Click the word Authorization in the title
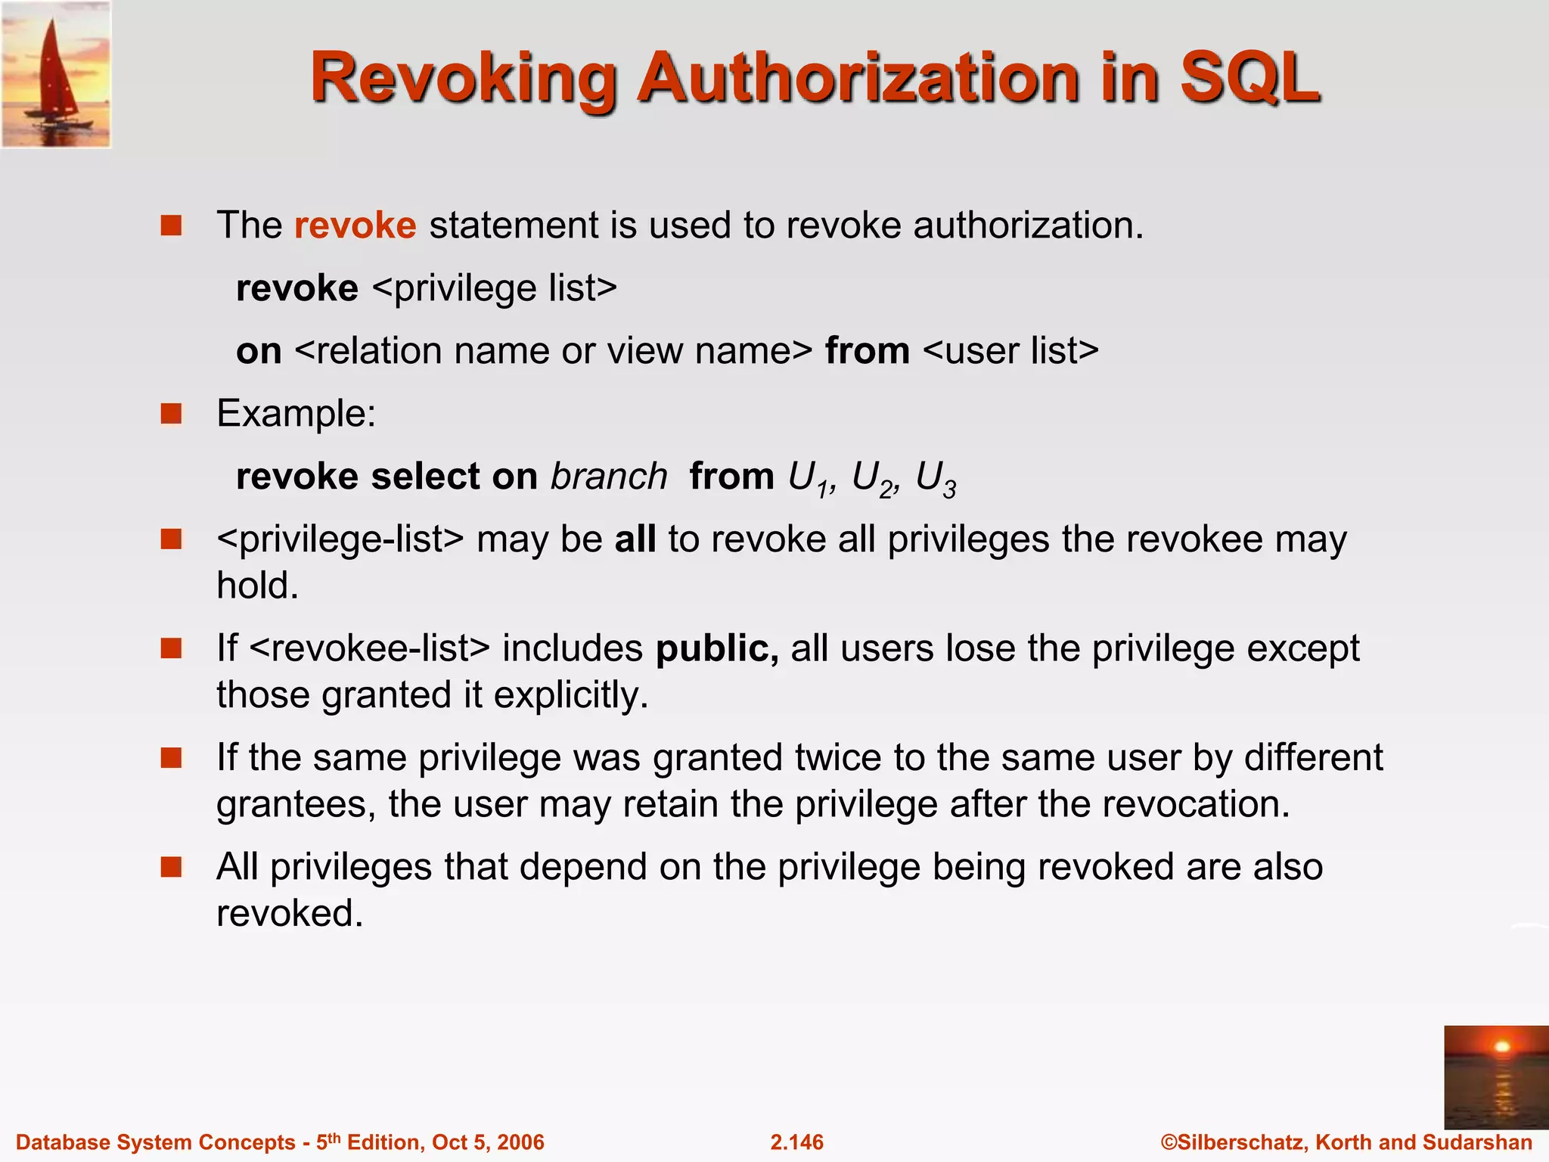tap(858, 78)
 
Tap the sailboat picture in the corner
tap(56, 74)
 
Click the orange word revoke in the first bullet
tap(355, 225)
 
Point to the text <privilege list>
tap(495, 288)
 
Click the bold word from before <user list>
tap(867, 351)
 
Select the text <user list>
tap(1010, 351)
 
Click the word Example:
tap(296, 414)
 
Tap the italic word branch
tap(609, 477)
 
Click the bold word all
tap(635, 539)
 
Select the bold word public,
tap(716, 648)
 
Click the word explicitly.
tap(571, 694)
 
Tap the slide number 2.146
tap(796, 1142)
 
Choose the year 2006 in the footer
tap(521, 1142)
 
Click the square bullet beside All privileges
tap(172, 866)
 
